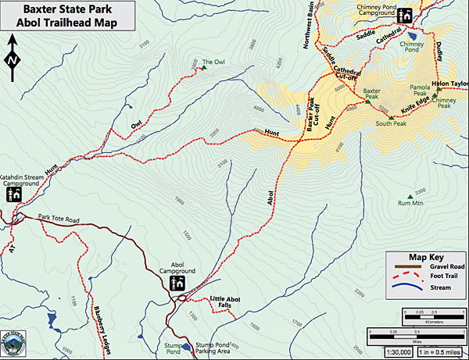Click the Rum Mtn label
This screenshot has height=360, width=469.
[x=410, y=204]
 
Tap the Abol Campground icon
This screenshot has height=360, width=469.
[x=178, y=283]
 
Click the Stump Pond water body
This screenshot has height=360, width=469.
[x=186, y=346]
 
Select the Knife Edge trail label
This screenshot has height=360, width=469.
[x=415, y=100]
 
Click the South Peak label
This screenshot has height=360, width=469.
[x=389, y=123]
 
